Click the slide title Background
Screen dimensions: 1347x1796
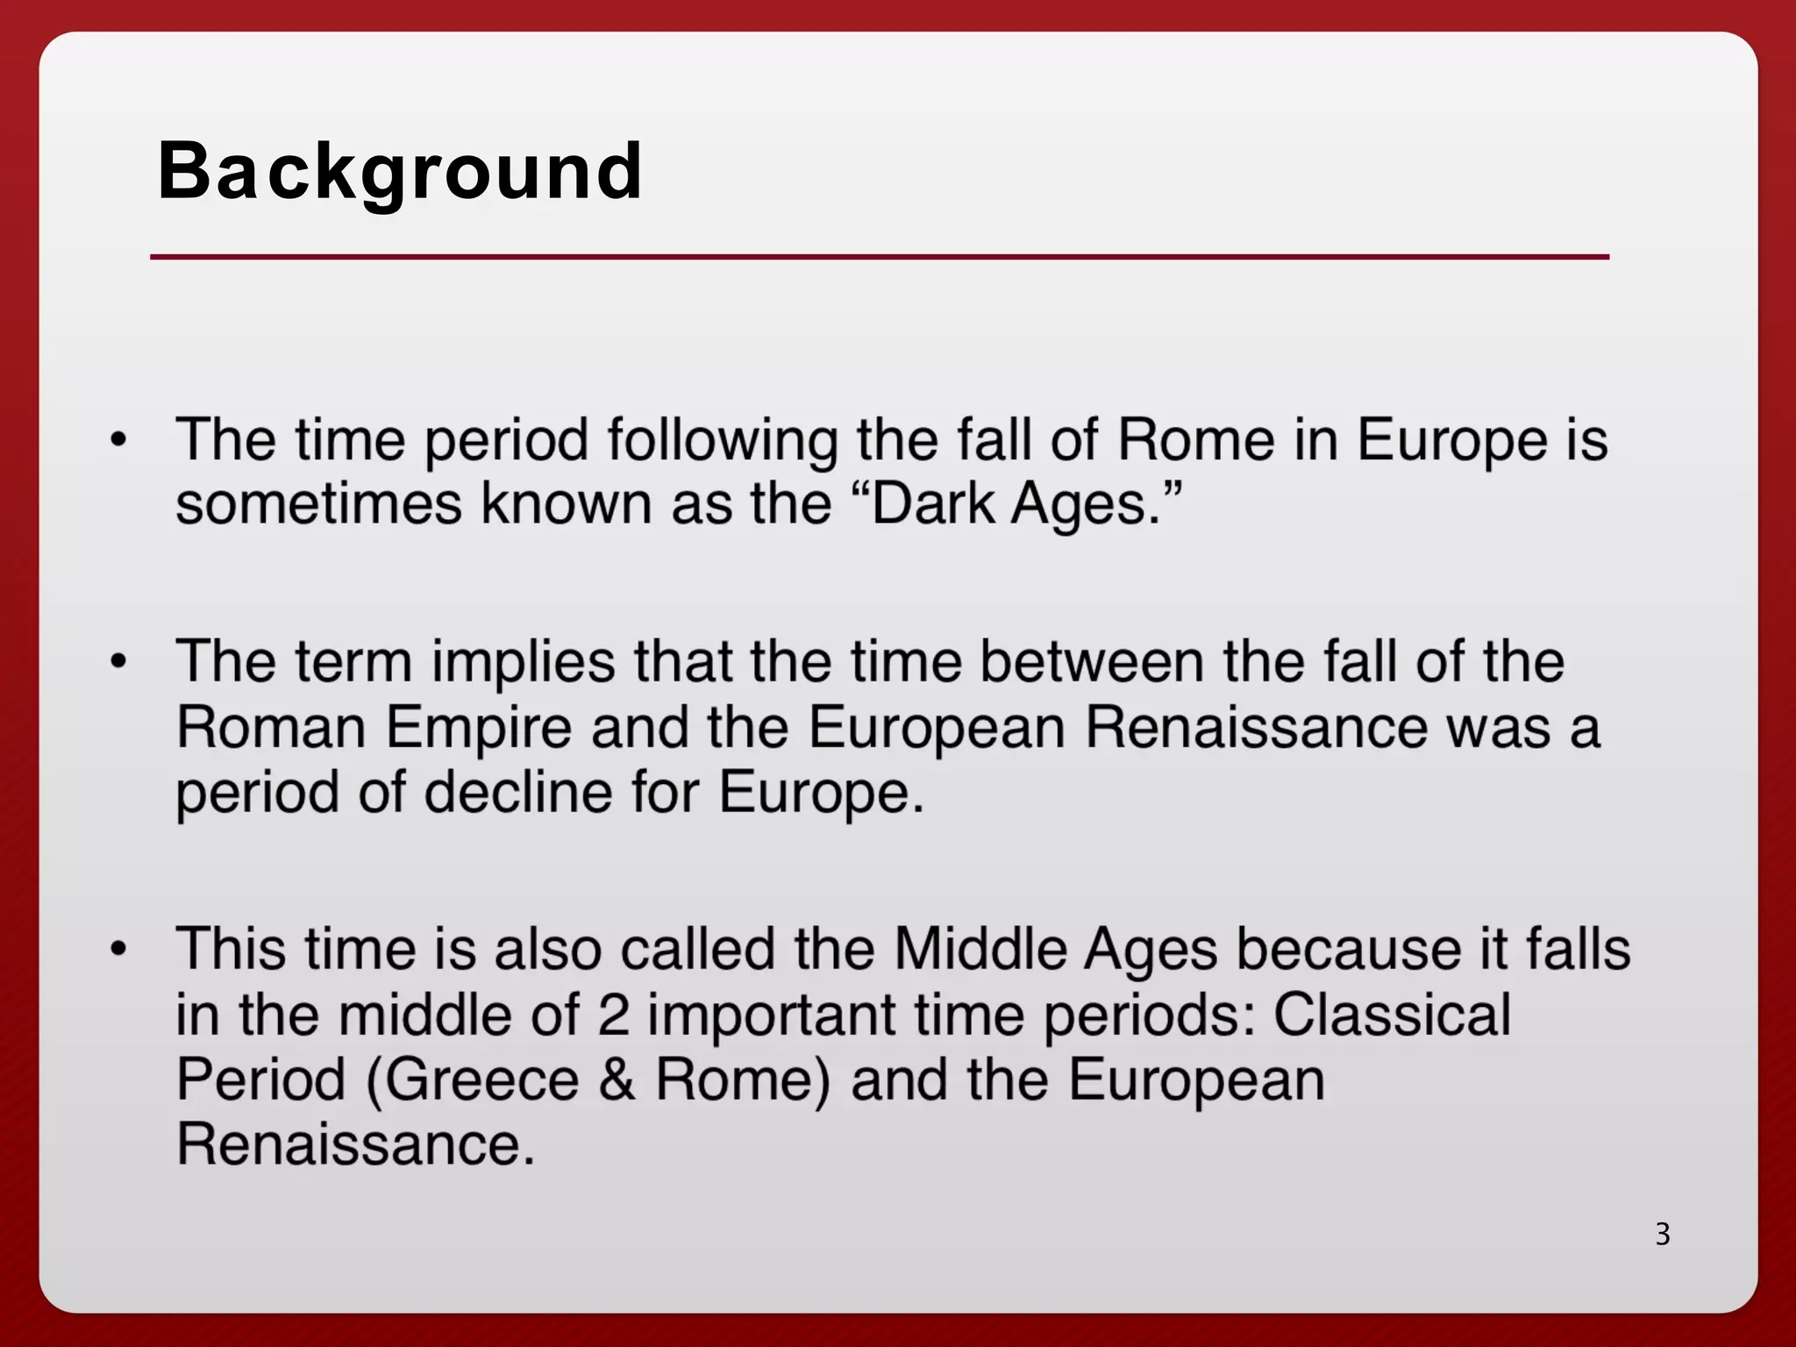pyautogui.click(x=400, y=171)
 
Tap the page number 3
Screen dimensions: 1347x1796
pyautogui.click(x=1663, y=1234)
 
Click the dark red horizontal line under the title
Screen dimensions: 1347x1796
pyautogui.click(x=880, y=257)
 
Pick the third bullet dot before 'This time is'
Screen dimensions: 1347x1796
pyautogui.click(x=119, y=949)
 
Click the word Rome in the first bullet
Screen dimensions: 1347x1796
pyautogui.click(x=1195, y=439)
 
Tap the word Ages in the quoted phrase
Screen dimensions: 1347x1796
pyautogui.click(x=1084, y=506)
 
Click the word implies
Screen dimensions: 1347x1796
pyautogui.click(x=523, y=663)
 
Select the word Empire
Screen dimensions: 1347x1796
pyautogui.click(x=478, y=729)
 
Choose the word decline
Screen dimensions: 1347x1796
pyautogui.click(x=517, y=793)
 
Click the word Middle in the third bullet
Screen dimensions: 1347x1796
pyautogui.click(x=979, y=950)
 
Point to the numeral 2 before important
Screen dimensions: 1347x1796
pyautogui.click(x=613, y=1016)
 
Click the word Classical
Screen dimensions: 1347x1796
pyautogui.click(x=1392, y=1016)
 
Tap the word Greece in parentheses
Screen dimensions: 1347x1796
pyautogui.click(x=481, y=1080)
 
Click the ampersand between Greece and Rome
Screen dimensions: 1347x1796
pyautogui.click(x=617, y=1080)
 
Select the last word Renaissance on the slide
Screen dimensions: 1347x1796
pyautogui.click(x=355, y=1144)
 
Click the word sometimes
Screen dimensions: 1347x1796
pyautogui.click(x=318, y=504)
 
